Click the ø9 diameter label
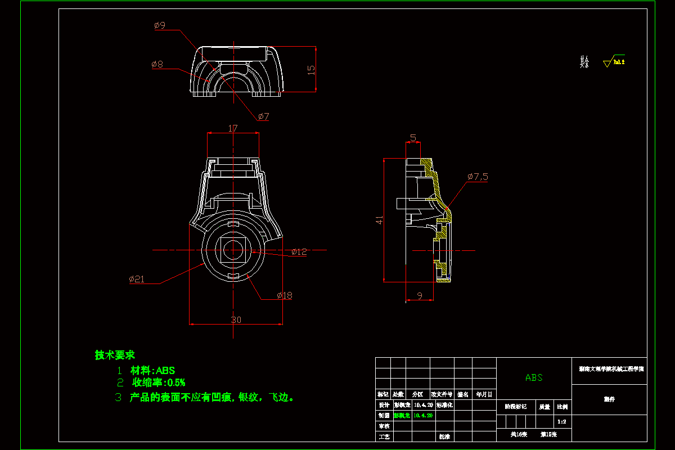159,25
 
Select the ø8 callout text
157,65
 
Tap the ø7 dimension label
263,116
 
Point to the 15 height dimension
311,69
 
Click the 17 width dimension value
233,128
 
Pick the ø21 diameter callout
137,279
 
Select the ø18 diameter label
284,295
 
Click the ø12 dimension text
299,252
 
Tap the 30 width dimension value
236,319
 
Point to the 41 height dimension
380,220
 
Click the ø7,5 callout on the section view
477,177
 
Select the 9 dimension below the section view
420,295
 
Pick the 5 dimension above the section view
413,138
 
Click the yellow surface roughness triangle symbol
607,64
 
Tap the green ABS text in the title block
534,377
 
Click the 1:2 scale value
561,421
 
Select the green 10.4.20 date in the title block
423,415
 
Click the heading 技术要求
115,355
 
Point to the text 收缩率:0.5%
159,383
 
